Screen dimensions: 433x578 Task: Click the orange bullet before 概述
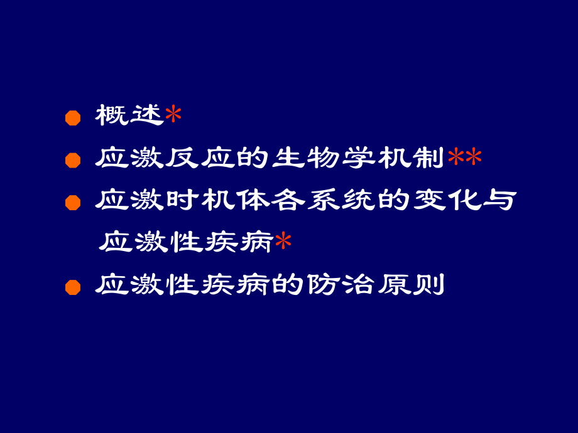pyautogui.click(x=74, y=117)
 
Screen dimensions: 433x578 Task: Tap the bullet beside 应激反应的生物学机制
pyautogui.click(x=74, y=160)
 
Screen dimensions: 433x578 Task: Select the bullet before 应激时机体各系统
pyautogui.click(x=74, y=203)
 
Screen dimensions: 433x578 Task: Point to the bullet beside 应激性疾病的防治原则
pyautogui.click(x=74, y=287)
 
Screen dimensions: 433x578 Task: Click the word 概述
pyautogui.click(x=129, y=116)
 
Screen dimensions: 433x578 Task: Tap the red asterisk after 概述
pyautogui.click(x=173, y=116)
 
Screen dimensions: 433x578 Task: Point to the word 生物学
pyautogui.click(x=323, y=158)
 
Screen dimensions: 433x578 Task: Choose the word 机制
pyautogui.click(x=410, y=158)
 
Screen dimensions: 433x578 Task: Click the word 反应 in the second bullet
pyautogui.click(x=199, y=158)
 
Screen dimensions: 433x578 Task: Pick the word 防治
pyautogui.click(x=341, y=286)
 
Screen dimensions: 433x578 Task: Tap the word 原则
pyautogui.click(x=410, y=286)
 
